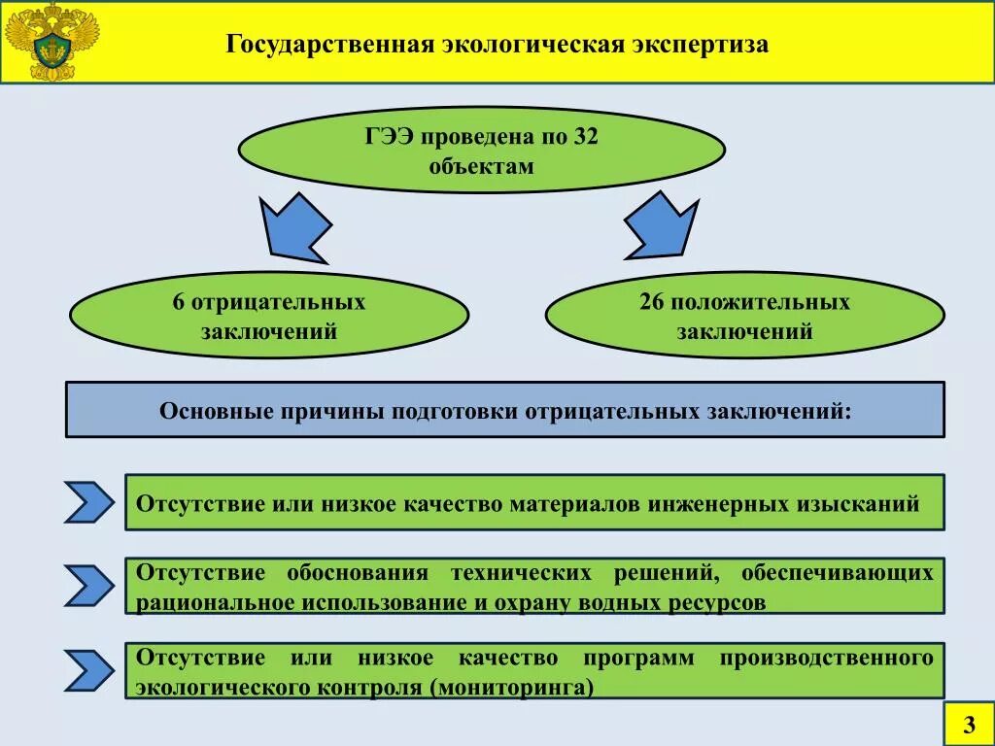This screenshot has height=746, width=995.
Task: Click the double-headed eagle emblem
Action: pos(51,42)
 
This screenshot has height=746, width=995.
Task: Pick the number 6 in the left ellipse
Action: pos(178,302)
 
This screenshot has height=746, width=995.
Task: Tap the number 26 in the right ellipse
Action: pos(651,302)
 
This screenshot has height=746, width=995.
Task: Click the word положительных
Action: pos(759,302)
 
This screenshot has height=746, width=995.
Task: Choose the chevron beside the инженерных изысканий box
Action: pos(89,501)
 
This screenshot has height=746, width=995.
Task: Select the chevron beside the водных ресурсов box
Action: pos(89,585)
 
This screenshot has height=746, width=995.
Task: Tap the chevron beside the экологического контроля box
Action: pos(89,670)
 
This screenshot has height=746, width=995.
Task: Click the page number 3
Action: pos(968,725)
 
